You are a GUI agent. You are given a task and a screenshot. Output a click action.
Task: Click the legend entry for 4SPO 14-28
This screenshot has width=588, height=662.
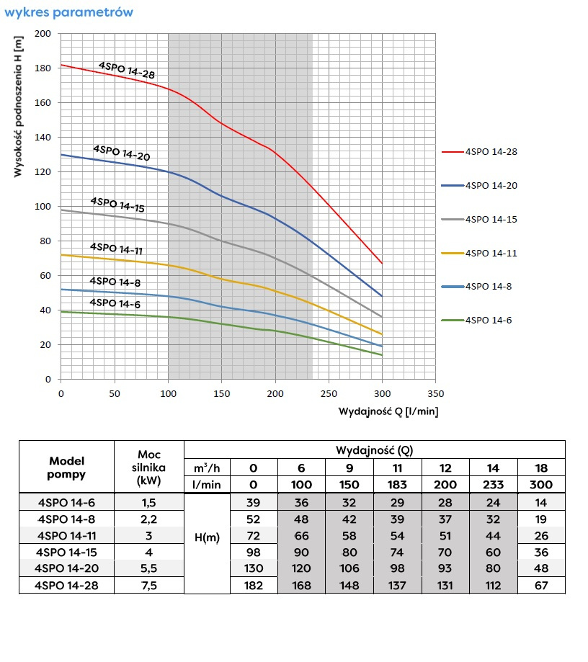click(491, 152)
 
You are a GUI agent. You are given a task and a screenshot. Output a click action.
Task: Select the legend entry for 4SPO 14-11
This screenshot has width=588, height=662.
click(491, 253)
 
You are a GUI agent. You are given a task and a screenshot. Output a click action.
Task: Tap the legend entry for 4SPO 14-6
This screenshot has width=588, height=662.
click(489, 320)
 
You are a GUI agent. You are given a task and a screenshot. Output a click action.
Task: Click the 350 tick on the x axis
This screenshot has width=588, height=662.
click(435, 393)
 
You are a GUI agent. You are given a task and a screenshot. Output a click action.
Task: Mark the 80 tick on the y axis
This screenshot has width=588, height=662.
click(46, 241)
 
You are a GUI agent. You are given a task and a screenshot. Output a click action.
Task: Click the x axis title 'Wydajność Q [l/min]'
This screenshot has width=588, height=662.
click(388, 411)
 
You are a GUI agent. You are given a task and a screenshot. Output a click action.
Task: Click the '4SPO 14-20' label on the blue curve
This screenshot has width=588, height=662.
click(121, 153)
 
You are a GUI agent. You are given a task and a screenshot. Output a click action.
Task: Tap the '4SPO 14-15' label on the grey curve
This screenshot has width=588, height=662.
click(117, 204)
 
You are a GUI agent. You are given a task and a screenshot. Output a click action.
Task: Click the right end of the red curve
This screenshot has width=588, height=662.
click(382, 263)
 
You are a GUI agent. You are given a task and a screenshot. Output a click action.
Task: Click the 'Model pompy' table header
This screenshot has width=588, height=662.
click(67, 468)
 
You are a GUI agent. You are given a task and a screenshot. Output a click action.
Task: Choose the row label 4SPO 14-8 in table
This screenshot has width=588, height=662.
click(67, 518)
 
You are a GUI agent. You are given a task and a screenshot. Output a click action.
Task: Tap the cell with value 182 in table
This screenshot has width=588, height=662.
click(253, 586)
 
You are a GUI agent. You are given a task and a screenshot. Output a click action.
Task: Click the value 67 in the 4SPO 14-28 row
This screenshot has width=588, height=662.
click(541, 586)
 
